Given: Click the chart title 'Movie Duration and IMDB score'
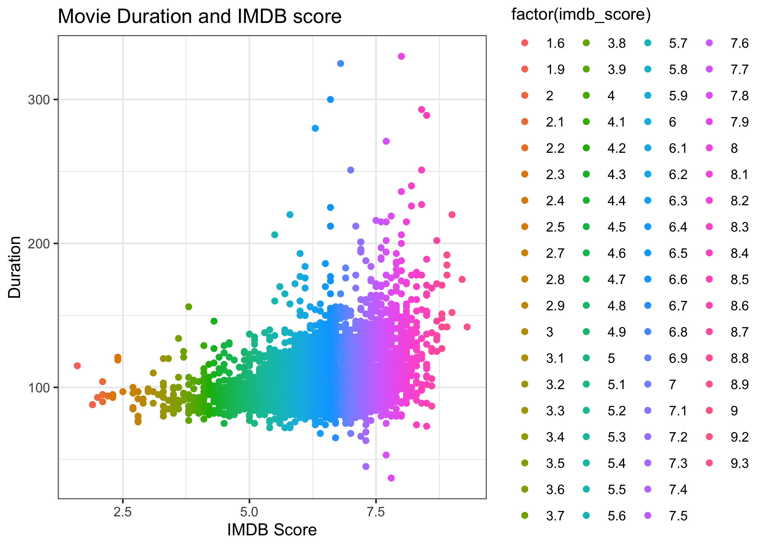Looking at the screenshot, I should click(x=200, y=16).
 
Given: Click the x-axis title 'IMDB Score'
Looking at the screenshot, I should click(x=272, y=530).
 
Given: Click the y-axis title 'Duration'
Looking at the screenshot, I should click(x=15, y=267).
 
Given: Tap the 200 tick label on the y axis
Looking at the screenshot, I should click(x=38, y=243).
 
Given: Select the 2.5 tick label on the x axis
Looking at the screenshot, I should click(x=123, y=512).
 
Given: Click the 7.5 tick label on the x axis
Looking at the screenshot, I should click(x=376, y=512).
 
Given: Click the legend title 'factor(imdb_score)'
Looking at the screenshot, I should click(x=581, y=15).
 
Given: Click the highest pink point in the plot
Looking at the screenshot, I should click(x=401, y=56).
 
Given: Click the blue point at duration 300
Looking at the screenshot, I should click(x=330, y=100).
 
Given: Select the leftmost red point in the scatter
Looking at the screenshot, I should click(x=77, y=366).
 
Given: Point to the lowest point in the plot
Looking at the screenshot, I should click(x=391, y=478).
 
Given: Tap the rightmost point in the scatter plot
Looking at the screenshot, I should click(x=467, y=327).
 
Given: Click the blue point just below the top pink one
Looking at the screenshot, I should click(x=341, y=63).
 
